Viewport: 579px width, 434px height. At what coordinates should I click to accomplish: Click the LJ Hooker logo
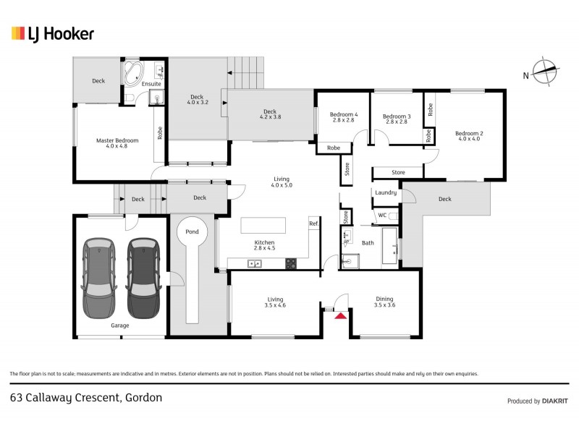(x=52, y=33)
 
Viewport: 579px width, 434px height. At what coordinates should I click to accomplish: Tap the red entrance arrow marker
(x=339, y=314)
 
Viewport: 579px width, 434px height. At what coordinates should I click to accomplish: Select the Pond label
(x=193, y=231)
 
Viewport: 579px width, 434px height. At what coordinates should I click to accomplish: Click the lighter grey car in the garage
(x=98, y=278)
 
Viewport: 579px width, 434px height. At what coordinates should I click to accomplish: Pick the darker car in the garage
(x=142, y=278)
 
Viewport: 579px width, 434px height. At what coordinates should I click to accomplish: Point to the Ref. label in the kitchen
(x=313, y=224)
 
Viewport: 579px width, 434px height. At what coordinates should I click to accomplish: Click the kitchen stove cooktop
(x=291, y=263)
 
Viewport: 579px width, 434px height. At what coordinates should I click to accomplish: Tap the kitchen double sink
(x=255, y=263)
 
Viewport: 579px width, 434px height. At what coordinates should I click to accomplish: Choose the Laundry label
(x=385, y=192)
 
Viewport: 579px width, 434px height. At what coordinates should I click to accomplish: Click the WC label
(x=381, y=215)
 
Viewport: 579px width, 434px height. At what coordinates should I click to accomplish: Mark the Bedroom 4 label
(x=343, y=115)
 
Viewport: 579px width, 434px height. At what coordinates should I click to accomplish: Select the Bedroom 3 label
(x=397, y=116)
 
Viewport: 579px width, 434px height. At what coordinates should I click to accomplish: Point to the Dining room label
(x=385, y=298)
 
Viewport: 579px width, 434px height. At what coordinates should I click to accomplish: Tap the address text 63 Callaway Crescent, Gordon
(x=85, y=397)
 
